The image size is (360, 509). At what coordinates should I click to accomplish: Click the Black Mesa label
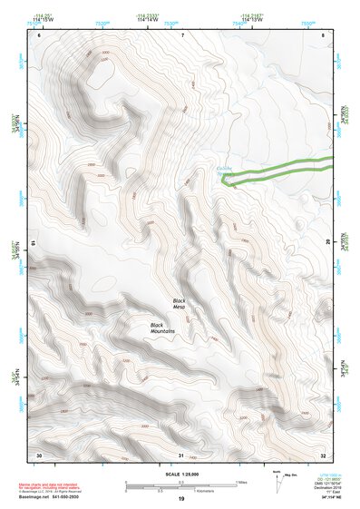[179, 303]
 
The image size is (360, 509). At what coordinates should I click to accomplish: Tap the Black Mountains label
[162, 328]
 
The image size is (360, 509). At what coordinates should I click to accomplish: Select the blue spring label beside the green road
[228, 170]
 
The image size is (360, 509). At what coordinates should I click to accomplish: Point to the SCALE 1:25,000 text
[180, 474]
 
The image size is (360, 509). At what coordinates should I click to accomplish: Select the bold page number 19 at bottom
[180, 500]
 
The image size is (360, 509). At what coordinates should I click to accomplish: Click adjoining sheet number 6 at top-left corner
[40, 34]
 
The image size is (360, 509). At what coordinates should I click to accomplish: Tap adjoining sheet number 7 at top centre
[181, 34]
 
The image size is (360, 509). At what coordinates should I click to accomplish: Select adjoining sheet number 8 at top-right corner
[324, 34]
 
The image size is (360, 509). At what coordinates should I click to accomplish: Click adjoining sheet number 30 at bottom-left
[38, 455]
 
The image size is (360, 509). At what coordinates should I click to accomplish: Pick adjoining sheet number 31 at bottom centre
[180, 455]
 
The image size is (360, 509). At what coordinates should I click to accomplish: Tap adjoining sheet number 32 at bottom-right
[323, 455]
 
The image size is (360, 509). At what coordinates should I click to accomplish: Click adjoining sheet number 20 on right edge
[327, 241]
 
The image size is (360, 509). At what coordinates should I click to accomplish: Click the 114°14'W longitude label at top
[144, 19]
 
